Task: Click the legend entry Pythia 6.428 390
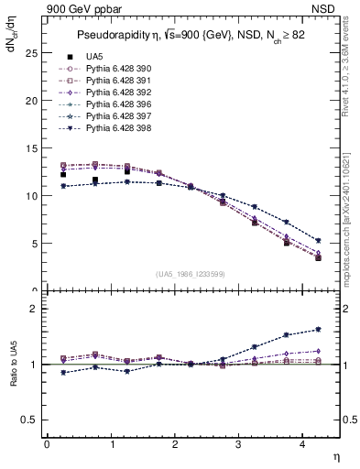[x=113, y=70]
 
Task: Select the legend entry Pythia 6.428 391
[x=113, y=81]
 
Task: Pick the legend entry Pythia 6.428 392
[x=113, y=92]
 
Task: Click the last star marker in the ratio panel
[x=318, y=329]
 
